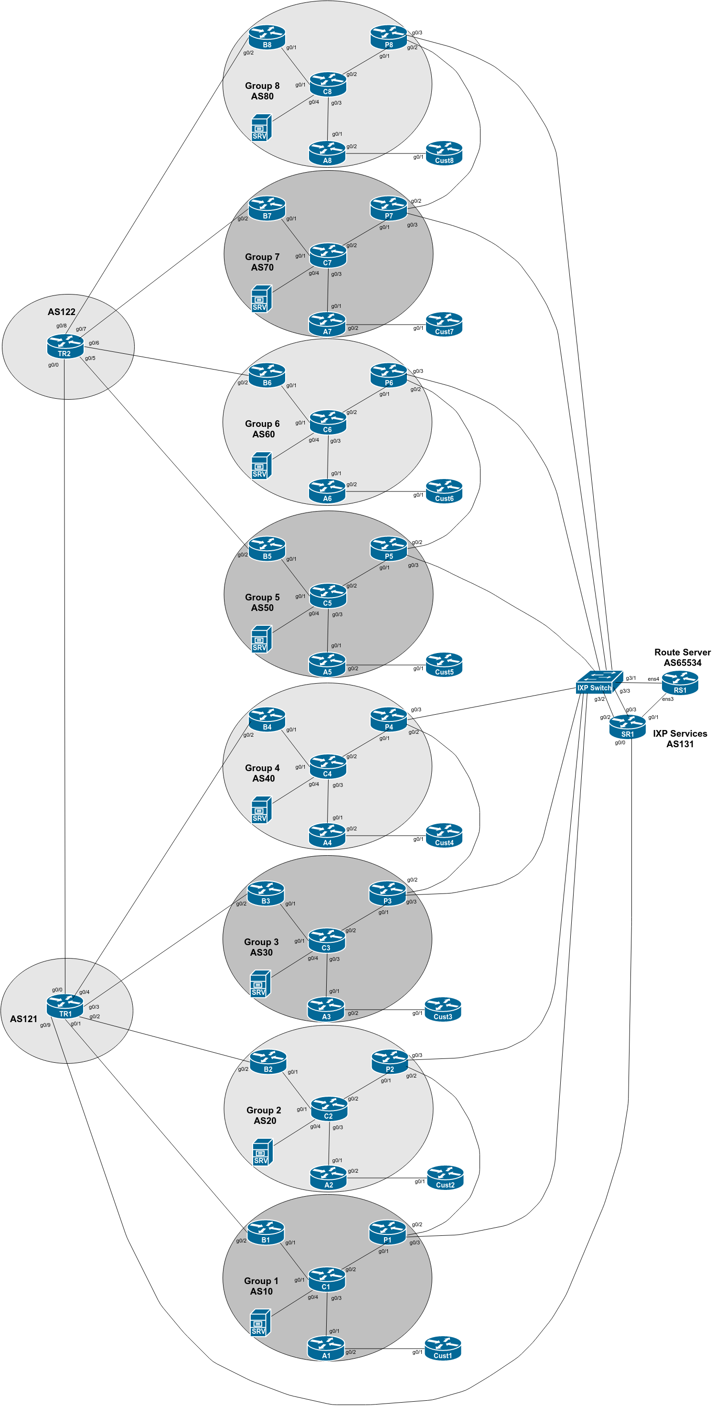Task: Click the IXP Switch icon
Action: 599,682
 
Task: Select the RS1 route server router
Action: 680,683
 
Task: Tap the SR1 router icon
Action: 627,727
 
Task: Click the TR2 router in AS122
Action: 65,347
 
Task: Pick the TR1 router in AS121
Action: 65,1006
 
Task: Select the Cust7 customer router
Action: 444,324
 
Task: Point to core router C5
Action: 327,596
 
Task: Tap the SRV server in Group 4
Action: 261,810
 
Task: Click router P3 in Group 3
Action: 387,894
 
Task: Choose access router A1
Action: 326,1348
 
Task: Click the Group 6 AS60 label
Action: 262,429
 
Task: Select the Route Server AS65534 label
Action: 682,657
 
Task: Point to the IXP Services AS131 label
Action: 680,739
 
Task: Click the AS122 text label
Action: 61,312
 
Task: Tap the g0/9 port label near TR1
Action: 45,1025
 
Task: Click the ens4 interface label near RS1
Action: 653,679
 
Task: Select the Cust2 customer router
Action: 445,1177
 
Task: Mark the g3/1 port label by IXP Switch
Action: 630,678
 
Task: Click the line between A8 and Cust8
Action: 385,153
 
